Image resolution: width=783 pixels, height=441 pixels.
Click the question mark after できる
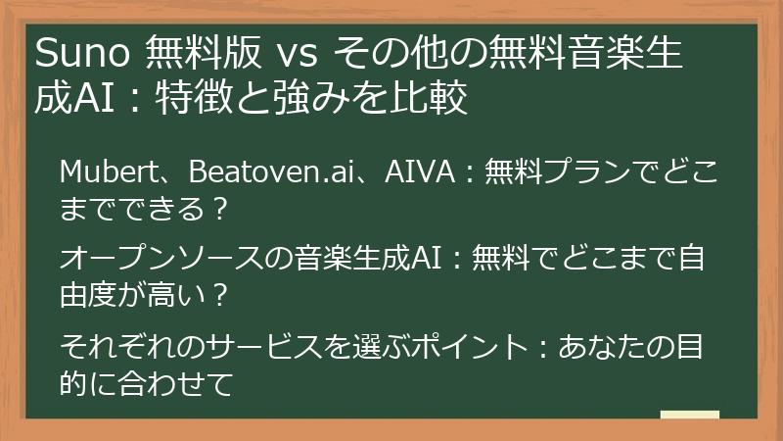[x=220, y=208]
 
